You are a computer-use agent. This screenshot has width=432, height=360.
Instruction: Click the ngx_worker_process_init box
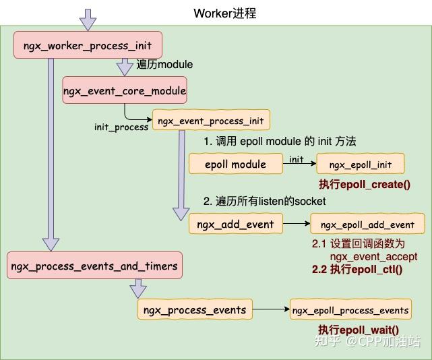[x=88, y=45]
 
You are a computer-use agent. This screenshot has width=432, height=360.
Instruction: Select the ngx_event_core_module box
[x=125, y=90]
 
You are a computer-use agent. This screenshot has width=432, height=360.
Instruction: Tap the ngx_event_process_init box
[x=211, y=120]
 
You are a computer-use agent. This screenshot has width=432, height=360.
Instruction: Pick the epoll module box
[x=236, y=164]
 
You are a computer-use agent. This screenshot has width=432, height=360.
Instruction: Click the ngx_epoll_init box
[x=361, y=164]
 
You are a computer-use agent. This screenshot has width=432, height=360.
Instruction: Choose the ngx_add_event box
[x=236, y=224]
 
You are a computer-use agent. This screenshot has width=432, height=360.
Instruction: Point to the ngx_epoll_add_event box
[x=367, y=224]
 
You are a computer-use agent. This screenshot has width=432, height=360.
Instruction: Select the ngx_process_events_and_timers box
[x=94, y=265]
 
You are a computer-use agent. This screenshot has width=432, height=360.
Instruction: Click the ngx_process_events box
[x=195, y=309]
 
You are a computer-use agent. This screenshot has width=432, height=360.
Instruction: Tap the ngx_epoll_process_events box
[x=350, y=309]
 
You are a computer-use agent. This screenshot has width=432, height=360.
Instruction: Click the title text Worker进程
[x=225, y=13]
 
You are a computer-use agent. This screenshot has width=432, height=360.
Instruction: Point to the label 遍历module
[x=164, y=65]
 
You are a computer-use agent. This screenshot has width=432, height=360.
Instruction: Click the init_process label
[x=121, y=127]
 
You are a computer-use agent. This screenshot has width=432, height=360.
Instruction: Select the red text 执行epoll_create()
[x=365, y=185]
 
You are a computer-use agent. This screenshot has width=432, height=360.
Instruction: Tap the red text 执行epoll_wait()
[x=359, y=330]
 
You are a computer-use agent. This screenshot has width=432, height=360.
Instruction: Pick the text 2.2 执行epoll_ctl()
[x=357, y=269]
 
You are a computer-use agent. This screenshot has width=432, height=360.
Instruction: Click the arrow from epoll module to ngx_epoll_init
[x=299, y=163]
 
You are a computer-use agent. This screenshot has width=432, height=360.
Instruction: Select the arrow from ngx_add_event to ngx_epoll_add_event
[x=297, y=223]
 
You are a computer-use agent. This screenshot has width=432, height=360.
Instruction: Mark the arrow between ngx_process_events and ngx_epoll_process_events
[x=271, y=309]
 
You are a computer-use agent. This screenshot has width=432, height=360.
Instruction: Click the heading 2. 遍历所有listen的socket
[x=264, y=201]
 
